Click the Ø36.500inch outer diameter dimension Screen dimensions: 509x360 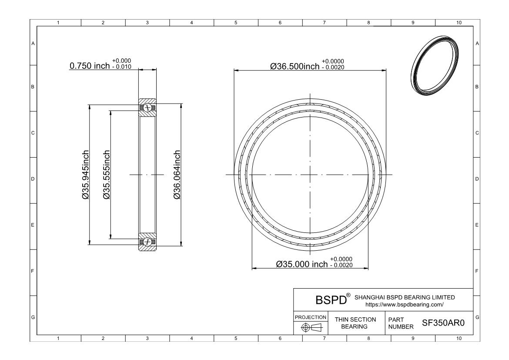click(295, 66)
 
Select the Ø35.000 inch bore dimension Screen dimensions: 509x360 click(302, 264)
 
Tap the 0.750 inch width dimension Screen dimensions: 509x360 click(90, 66)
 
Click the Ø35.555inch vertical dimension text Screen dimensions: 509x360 click(107, 175)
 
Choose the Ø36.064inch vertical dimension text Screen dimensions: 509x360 click(177, 175)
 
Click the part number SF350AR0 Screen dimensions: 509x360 click(443, 323)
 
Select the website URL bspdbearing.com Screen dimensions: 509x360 click(405, 304)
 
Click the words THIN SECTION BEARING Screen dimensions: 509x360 click(355, 323)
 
